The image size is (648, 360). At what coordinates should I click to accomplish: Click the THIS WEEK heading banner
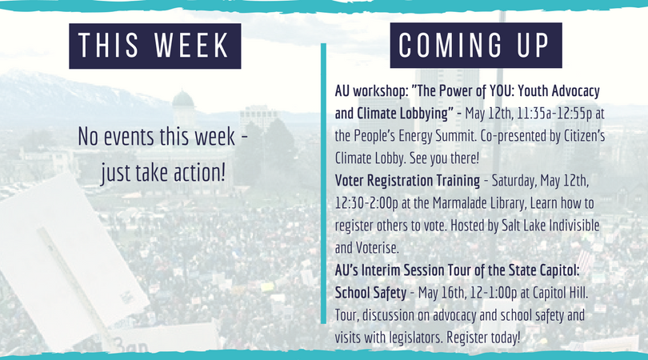click(155, 46)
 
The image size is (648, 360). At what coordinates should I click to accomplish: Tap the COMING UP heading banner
click(476, 45)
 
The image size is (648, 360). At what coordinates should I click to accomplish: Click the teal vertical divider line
click(323, 183)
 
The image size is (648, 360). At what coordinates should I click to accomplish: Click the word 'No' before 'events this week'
click(88, 136)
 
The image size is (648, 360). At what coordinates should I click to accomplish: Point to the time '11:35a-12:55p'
click(554, 114)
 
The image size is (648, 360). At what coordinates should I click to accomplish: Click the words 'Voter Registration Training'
click(407, 181)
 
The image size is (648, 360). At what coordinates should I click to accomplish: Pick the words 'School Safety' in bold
click(370, 293)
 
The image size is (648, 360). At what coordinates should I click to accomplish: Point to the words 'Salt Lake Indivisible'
click(550, 226)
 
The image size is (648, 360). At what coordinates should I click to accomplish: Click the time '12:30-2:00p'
click(366, 203)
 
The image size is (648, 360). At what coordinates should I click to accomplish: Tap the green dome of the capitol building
click(183, 100)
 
